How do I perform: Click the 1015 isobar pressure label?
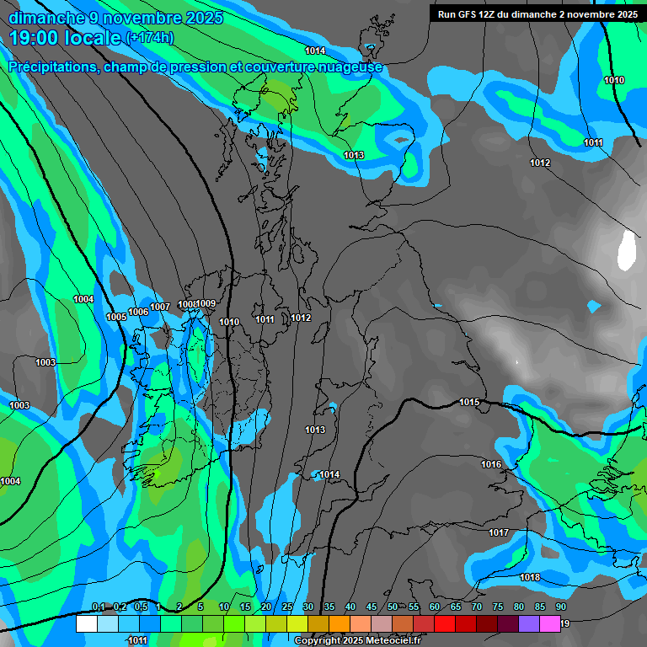(469, 403)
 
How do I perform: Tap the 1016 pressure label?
(491, 465)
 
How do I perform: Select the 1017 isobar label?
(499, 533)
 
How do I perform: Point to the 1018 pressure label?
(530, 578)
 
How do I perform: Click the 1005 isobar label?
(116, 317)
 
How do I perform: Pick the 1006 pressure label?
(138, 313)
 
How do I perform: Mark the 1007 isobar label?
(160, 307)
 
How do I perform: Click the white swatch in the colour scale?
(86, 624)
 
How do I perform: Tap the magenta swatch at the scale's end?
(550, 624)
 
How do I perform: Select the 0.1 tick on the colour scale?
(98, 607)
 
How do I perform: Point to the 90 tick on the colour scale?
(560, 607)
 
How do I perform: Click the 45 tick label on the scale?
(372, 607)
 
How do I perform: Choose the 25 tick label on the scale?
(287, 607)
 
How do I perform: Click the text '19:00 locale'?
(65, 37)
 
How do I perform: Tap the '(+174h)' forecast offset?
(149, 38)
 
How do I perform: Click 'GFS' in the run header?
(469, 14)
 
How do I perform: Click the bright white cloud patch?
(626, 250)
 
